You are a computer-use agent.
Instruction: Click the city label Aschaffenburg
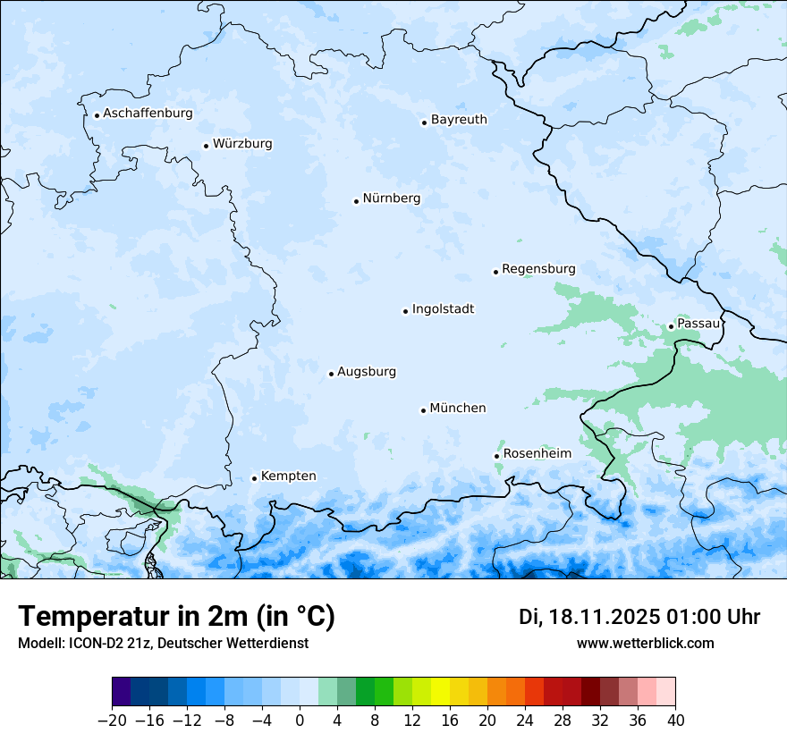(x=148, y=114)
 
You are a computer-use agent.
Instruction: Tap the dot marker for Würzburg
(x=206, y=146)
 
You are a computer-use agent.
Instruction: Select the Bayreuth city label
(x=459, y=120)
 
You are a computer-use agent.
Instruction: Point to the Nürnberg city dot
(x=356, y=201)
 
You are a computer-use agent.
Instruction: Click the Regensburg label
(x=538, y=269)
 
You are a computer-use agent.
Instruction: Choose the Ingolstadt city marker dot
(x=405, y=311)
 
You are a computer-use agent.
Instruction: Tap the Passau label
(x=698, y=324)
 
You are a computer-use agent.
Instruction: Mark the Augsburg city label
(x=367, y=372)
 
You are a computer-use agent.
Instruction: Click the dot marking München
(x=423, y=410)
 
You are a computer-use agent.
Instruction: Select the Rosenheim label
(x=537, y=454)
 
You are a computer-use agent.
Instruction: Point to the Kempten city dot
(x=254, y=478)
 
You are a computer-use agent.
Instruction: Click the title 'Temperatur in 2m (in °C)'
(x=176, y=617)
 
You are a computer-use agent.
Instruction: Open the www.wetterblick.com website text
(x=645, y=644)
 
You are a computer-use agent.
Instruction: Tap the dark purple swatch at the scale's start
(x=122, y=692)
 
